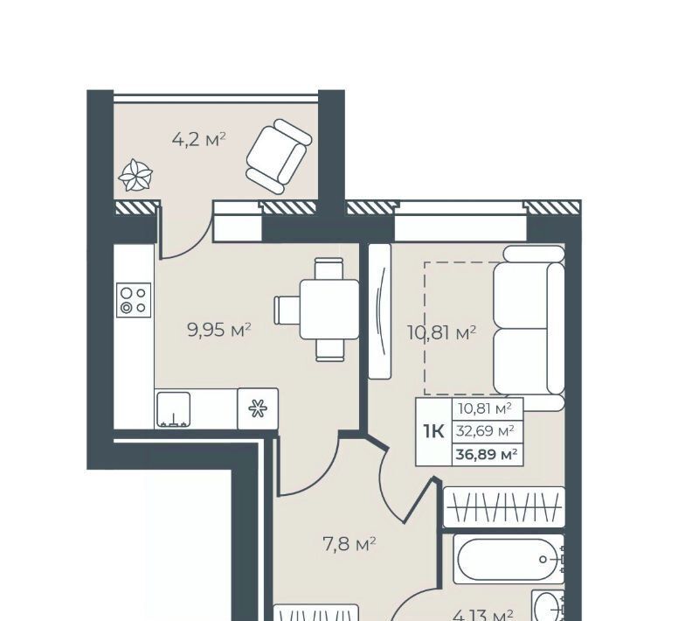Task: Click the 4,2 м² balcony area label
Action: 198,140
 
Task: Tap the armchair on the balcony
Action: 279,157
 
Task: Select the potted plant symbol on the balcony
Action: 135,176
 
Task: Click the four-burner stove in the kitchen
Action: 134,300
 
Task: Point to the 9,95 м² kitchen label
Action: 219,330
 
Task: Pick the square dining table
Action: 329,309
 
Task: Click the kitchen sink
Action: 173,410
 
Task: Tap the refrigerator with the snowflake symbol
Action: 258,408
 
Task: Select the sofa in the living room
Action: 529,328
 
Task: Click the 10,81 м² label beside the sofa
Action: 441,332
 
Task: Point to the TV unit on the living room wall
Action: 379,311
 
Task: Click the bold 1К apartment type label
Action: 433,430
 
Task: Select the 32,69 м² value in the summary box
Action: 485,430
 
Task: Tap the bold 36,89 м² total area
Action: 487,454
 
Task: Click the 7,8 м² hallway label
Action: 349,544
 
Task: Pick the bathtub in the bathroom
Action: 509,560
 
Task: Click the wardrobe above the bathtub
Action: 504,507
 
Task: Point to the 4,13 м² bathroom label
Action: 483,615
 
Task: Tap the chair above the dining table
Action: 329,269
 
